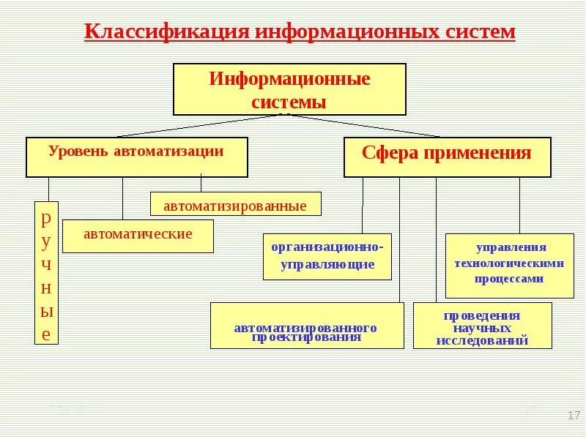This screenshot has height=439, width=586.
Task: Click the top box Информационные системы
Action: [289, 89]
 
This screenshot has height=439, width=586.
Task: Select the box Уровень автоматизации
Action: [136, 157]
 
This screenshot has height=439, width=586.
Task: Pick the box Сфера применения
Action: [447, 157]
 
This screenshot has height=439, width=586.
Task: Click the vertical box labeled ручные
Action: [46, 273]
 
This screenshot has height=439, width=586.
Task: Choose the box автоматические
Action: [138, 236]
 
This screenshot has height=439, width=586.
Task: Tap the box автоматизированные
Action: [235, 204]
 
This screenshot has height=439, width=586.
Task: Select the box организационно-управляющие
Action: [327, 256]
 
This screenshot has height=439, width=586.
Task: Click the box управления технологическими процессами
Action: [510, 265]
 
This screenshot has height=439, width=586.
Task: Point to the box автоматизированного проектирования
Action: [306, 325]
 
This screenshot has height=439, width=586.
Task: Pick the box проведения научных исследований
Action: [482, 325]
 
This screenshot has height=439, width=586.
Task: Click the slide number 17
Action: [574, 416]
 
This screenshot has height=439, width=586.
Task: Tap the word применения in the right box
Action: [486, 154]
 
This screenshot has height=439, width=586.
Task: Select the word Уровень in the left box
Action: [78, 151]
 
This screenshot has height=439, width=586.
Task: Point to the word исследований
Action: [482, 341]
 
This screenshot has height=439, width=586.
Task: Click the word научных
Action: [482, 329]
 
